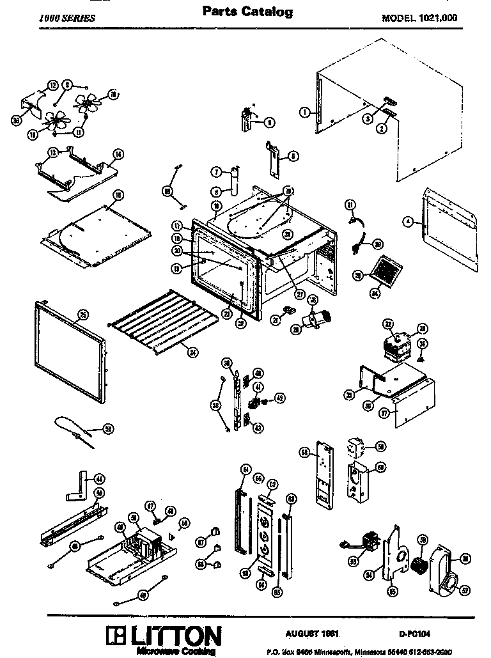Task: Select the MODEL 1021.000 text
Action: coord(419,18)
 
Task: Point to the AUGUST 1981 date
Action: coord(311,632)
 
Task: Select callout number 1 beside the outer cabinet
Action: coord(304,112)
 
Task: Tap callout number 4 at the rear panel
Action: coord(407,223)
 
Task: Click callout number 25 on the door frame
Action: coord(82,314)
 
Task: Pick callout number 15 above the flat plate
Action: coord(118,194)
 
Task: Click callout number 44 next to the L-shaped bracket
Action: coord(100,478)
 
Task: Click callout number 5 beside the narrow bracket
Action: coord(292,155)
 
